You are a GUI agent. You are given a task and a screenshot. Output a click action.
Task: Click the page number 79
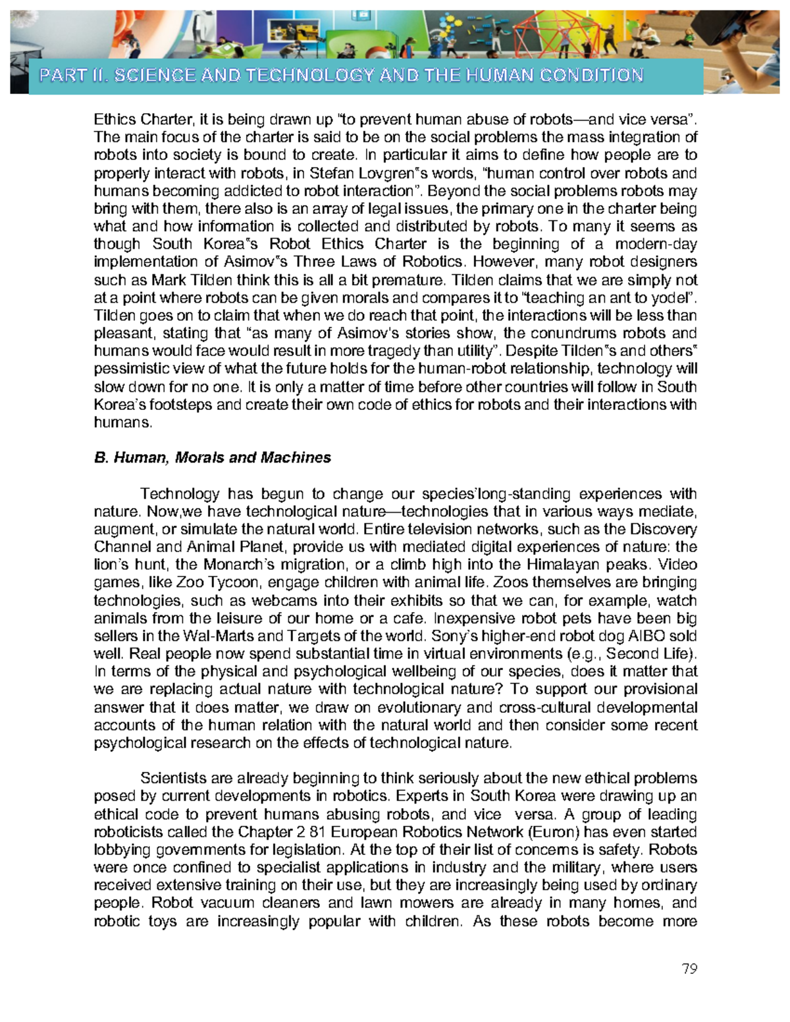pos(689,969)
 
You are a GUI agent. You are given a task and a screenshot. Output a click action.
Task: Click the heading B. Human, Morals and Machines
pos(213,457)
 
